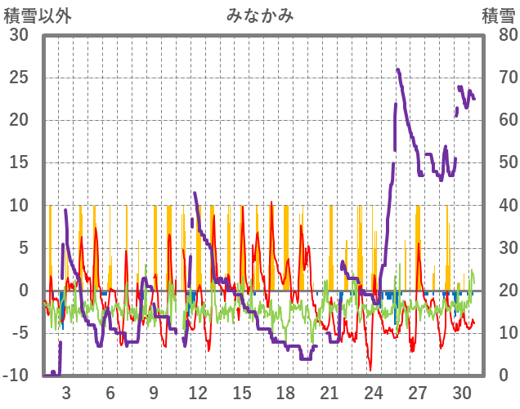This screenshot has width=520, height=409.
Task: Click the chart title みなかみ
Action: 260,15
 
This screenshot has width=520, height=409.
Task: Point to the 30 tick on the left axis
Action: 19,35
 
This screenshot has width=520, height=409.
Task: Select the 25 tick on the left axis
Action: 19,78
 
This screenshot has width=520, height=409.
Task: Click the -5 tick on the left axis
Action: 20,333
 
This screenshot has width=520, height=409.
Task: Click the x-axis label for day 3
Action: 66,391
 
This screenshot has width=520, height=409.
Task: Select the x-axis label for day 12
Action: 198,391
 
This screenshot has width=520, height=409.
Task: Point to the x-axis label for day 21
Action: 329,391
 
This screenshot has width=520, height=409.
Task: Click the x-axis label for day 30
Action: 461,391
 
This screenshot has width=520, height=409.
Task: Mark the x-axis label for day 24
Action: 374,391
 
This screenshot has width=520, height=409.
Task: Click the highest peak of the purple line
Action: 398,70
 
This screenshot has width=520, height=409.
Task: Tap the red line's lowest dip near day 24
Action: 370,370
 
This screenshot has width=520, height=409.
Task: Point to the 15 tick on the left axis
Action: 19,162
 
